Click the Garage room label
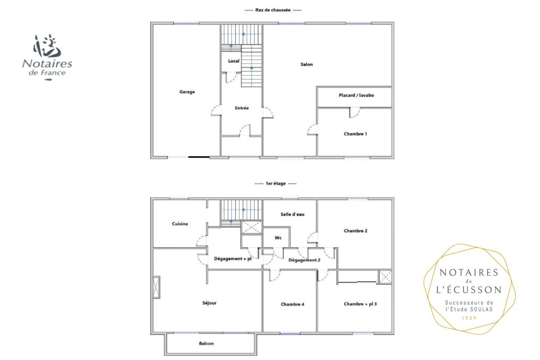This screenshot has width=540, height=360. click(187, 92)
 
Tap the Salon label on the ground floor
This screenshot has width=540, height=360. click(306, 64)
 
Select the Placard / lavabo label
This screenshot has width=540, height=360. click(356, 95)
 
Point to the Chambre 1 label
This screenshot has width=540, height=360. click(355, 134)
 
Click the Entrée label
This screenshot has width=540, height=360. click(242, 108)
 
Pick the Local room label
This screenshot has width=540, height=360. click(234, 61)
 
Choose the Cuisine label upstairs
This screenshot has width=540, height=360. click(180, 224)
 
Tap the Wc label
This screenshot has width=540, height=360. click(278, 238)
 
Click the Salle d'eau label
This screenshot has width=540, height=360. click(292, 214)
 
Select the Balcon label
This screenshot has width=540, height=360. click(207, 343)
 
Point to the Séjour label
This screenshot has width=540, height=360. click(209, 303)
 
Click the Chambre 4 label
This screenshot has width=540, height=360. click(292, 304)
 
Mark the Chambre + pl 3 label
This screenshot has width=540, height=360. click(360, 304)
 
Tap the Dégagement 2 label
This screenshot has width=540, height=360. click(304, 260)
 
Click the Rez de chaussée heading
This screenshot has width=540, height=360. click(273, 10)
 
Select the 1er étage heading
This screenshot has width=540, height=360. click(275, 184)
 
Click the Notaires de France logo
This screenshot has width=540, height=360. click(47, 57)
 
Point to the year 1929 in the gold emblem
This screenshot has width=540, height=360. click(469, 318)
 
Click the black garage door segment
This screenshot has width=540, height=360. click(199, 157)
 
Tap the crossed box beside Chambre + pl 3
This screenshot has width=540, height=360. click(385, 277)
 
